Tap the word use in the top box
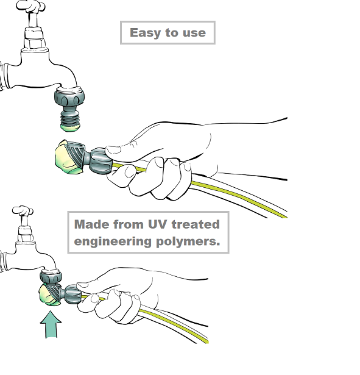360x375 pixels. click(194, 33)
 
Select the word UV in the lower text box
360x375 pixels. click(157, 224)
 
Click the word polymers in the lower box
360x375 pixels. click(188, 241)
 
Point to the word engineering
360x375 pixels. click(113, 241)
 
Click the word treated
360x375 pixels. click(196, 224)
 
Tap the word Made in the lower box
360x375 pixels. click(92, 224)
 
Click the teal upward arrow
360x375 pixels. click(51, 324)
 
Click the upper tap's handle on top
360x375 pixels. click(30, 5)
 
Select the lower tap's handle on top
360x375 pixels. click(23, 210)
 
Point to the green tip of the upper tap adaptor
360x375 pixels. click(70, 127)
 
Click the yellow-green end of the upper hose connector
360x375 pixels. click(66, 157)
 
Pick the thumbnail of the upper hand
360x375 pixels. click(113, 150)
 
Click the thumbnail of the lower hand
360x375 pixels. click(82, 285)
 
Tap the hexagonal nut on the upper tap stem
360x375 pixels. click(35, 43)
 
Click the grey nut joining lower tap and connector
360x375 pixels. click(51, 277)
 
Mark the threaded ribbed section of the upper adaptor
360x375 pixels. click(70, 118)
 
